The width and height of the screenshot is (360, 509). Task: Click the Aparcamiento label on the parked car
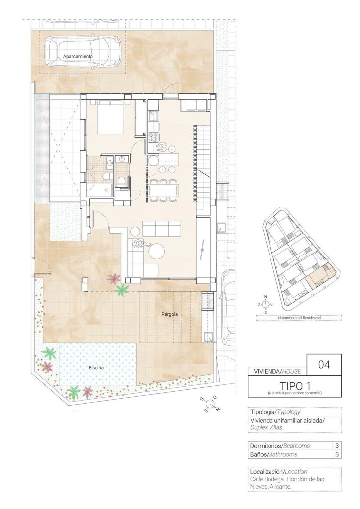coord(78,56)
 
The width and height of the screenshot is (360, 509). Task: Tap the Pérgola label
coord(170,314)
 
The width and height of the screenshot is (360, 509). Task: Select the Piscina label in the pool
coord(96,368)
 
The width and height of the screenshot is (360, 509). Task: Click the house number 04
coord(324,364)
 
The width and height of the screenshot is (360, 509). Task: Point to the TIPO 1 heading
coord(295,386)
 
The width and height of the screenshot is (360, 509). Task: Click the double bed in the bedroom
coord(111,117)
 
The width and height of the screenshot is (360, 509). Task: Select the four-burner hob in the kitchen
coord(153,137)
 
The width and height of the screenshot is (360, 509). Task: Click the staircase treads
coord(202,169)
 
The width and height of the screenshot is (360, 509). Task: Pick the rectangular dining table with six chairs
coord(164,191)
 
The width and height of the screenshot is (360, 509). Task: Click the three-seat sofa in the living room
coord(162,229)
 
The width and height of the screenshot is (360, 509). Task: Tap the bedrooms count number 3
coord(337,446)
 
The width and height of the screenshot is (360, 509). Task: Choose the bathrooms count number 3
coord(337,454)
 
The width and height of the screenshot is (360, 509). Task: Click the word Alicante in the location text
coord(280,486)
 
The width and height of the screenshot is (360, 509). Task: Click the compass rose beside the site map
coord(265,304)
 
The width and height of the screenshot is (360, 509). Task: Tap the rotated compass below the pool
coord(210,404)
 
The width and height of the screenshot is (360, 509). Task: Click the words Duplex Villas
coord(266,427)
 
